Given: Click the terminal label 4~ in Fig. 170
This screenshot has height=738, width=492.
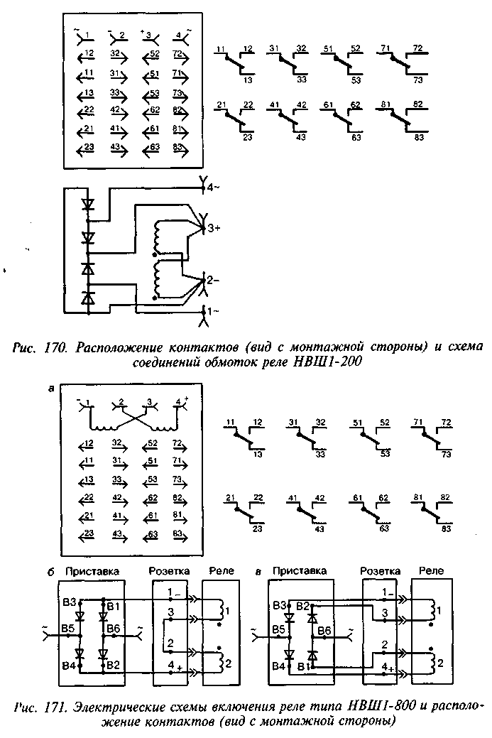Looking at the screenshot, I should [x=212, y=188].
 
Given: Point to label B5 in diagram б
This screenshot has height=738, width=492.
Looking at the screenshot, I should [x=68, y=629].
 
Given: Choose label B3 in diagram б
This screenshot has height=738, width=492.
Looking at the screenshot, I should [x=68, y=604].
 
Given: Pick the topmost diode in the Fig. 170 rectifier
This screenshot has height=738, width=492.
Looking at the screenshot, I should [x=88, y=205].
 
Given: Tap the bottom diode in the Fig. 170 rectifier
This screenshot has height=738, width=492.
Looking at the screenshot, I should [x=88, y=298].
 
